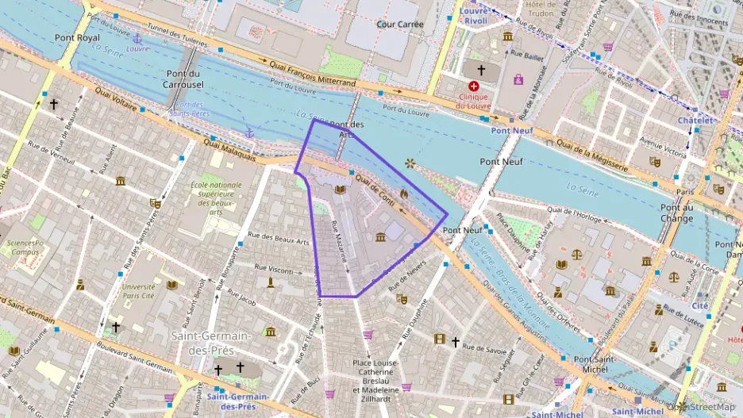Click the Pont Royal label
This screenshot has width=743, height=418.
[78, 37]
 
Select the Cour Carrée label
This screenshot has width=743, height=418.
[400, 24]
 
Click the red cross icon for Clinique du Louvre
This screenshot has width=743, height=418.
[475, 86]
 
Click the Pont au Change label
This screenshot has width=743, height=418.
[677, 213]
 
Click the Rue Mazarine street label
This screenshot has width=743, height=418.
[339, 242]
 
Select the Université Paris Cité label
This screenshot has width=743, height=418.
[139, 291]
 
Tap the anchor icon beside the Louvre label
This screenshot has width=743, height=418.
[137, 38]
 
